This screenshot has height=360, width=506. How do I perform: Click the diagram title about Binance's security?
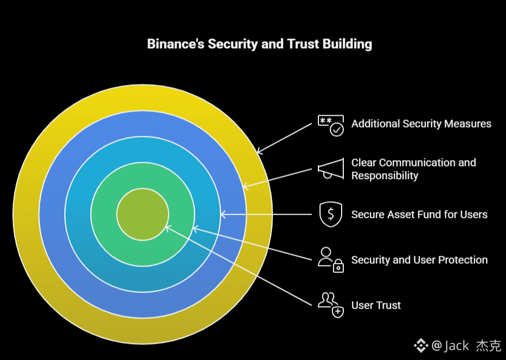click(x=259, y=44)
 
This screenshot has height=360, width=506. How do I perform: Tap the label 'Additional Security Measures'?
click(x=421, y=124)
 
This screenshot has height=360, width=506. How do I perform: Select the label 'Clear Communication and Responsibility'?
click(x=414, y=169)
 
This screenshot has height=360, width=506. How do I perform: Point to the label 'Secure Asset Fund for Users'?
click(x=419, y=215)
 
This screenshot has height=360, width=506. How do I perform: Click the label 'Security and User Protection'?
click(x=419, y=260)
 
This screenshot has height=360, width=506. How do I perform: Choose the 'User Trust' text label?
click(x=376, y=305)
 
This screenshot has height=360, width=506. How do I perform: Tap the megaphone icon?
click(x=330, y=169)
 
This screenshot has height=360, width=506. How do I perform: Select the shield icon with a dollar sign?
click(x=330, y=215)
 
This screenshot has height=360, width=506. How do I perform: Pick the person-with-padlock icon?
click(x=330, y=259)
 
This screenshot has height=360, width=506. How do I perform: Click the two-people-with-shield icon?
click(x=330, y=305)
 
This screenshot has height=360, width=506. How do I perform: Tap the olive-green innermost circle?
click(x=142, y=214)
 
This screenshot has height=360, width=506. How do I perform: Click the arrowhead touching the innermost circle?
click(x=167, y=228)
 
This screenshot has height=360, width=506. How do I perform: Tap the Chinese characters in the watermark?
click(x=488, y=345)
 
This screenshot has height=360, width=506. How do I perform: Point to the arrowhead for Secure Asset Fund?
click(x=223, y=215)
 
